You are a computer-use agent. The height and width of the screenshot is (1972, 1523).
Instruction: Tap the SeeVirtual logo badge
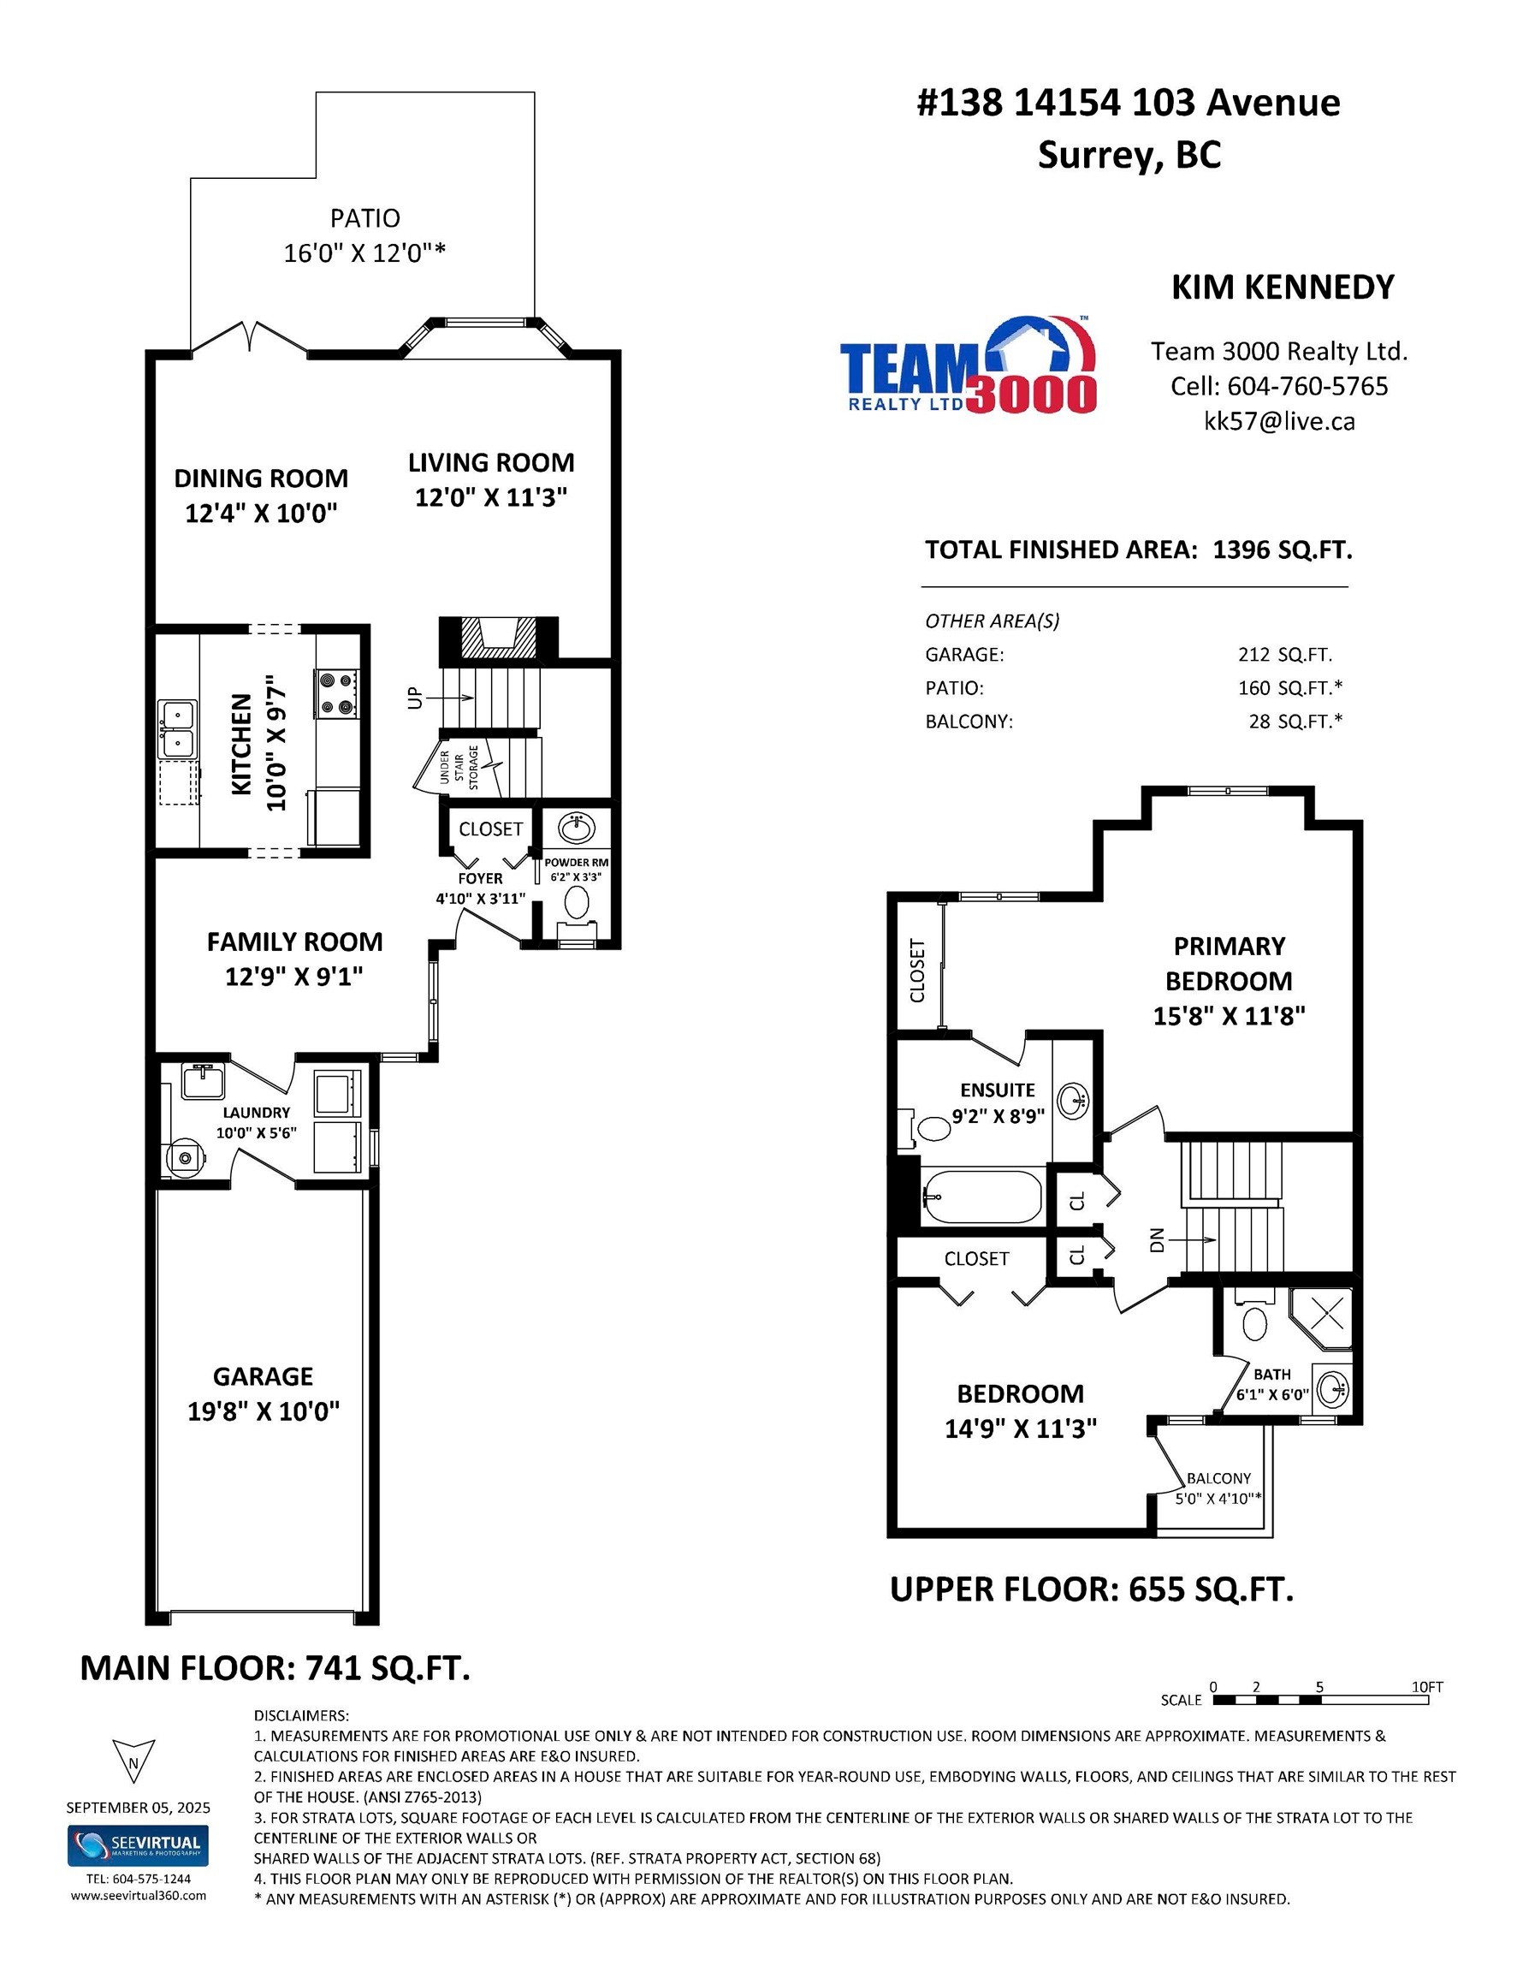(x=138, y=1845)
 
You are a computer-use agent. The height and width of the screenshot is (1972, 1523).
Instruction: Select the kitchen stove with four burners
(x=337, y=693)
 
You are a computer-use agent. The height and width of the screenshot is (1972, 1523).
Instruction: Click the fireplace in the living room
(x=497, y=639)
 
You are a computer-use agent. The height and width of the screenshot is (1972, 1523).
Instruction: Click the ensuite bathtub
(x=982, y=1197)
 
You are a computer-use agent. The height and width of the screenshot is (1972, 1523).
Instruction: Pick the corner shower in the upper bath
(x=1320, y=1321)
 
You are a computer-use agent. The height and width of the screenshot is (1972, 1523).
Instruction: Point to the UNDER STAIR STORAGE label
(x=459, y=768)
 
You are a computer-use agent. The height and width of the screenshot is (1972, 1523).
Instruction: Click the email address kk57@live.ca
(x=1279, y=421)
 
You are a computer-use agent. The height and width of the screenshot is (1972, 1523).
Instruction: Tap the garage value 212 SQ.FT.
(x=1284, y=655)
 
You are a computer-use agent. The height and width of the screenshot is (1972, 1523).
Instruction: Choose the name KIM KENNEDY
(x=1283, y=287)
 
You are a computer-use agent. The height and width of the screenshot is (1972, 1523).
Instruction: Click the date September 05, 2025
(x=138, y=1808)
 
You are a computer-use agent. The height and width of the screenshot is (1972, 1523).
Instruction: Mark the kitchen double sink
(x=178, y=729)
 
